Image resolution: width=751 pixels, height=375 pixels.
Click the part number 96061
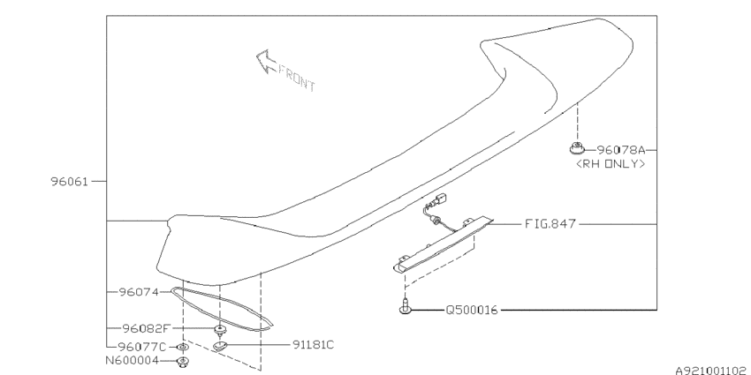click(x=70, y=182)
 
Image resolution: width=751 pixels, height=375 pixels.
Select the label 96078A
click(x=621, y=150)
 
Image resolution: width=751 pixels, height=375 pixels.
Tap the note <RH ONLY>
click(x=611, y=163)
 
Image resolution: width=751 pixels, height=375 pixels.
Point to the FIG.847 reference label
click(x=550, y=223)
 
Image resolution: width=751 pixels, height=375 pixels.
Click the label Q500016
click(x=472, y=310)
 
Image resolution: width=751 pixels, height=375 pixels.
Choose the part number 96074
click(x=139, y=292)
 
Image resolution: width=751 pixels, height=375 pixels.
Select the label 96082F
click(x=147, y=328)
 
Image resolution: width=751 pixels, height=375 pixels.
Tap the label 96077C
click(x=141, y=346)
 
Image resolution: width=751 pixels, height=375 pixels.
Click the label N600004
click(x=132, y=361)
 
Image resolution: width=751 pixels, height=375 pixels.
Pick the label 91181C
click(x=314, y=344)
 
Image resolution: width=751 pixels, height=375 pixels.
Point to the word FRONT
click(x=297, y=79)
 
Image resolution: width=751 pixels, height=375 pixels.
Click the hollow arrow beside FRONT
click(x=266, y=62)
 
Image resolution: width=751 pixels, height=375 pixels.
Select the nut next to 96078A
click(x=577, y=148)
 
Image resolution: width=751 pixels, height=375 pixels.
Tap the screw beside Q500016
click(x=406, y=306)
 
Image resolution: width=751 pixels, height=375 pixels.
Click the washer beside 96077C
click(x=182, y=346)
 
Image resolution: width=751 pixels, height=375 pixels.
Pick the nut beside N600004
click(x=183, y=362)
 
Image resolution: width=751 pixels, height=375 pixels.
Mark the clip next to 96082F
click(x=220, y=330)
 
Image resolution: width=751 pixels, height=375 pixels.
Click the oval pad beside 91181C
click(x=219, y=346)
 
